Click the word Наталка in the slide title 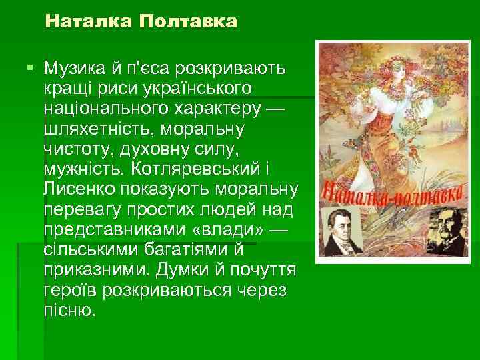[x=89, y=22]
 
